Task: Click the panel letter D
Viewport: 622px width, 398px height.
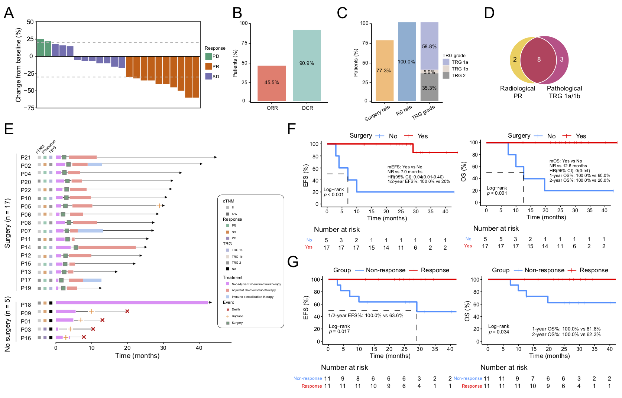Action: point(489,13)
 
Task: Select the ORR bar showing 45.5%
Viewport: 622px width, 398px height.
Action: point(272,83)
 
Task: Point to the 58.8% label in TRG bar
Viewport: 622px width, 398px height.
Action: point(429,47)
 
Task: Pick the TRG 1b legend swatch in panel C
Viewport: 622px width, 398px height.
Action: point(446,69)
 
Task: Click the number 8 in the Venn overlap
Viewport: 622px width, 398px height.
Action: point(539,59)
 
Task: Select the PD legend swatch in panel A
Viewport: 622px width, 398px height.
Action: point(208,56)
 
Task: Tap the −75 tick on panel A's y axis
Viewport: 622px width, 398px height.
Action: point(29,108)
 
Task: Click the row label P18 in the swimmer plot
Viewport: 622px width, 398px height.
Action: point(26,305)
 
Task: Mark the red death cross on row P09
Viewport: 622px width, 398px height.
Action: point(127,311)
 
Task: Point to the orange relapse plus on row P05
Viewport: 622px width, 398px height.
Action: point(159,206)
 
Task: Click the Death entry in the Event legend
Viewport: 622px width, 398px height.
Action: point(236,309)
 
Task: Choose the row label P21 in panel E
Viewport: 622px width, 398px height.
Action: point(26,158)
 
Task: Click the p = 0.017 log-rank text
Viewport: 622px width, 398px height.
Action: point(339,332)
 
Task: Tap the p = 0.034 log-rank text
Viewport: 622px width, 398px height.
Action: point(498,332)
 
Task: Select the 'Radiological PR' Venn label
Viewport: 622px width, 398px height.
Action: point(517,92)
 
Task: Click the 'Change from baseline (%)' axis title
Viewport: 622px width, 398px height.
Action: point(18,65)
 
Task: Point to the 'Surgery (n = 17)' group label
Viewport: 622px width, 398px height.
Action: point(7,223)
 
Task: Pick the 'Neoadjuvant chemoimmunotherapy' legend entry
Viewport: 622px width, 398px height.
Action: point(256,284)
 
